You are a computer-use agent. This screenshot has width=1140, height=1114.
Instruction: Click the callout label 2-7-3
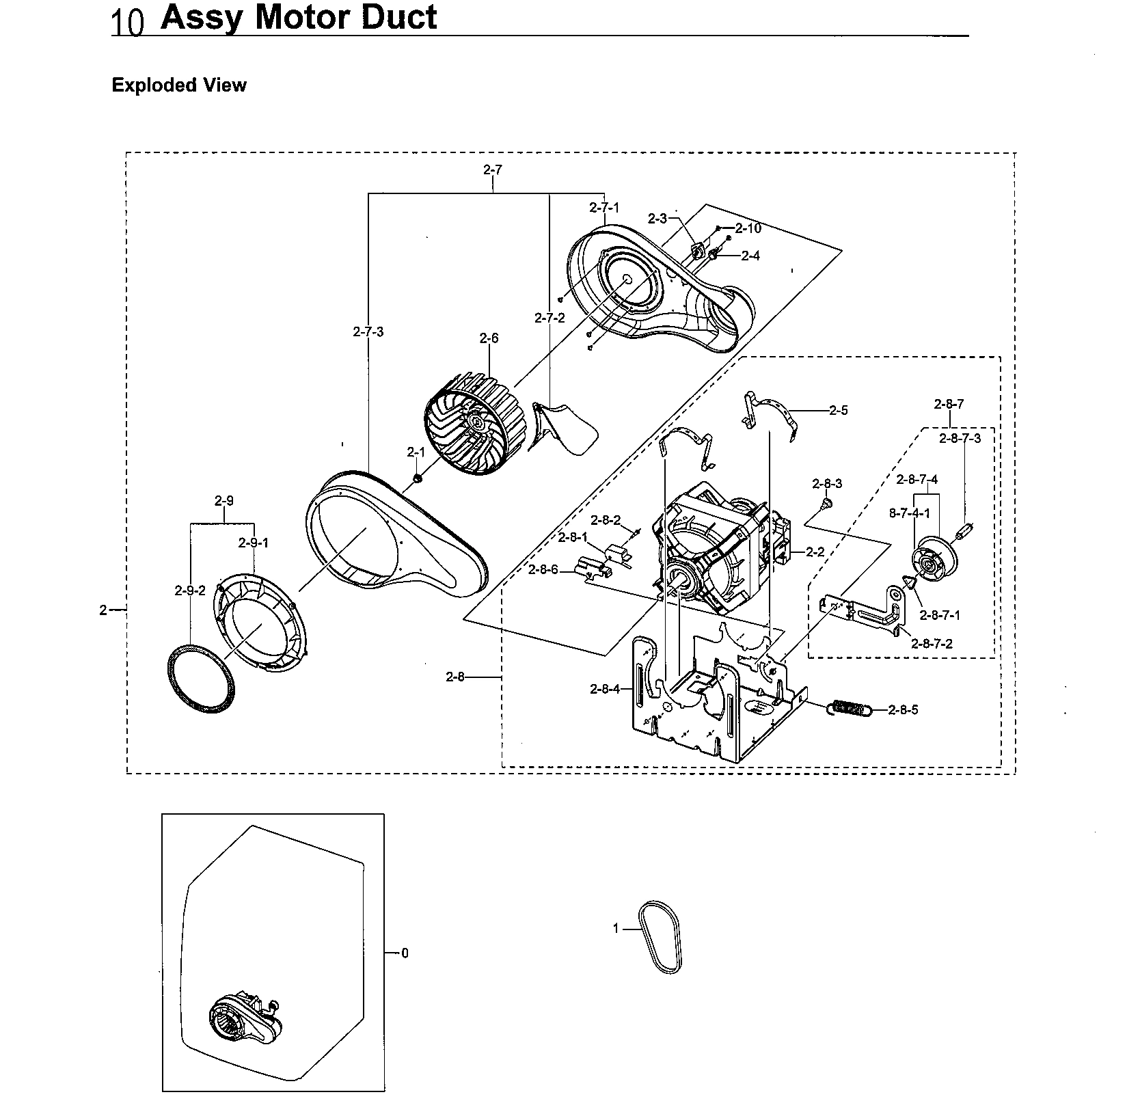pyautogui.click(x=368, y=332)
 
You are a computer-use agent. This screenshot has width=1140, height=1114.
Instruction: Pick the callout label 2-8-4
pyautogui.click(x=605, y=689)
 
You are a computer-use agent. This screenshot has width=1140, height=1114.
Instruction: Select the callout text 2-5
pyautogui.click(x=838, y=410)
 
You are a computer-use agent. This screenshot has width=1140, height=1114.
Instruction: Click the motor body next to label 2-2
pyautogui.click(x=711, y=547)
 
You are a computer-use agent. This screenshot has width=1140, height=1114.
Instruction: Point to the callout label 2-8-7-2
pyautogui.click(x=932, y=644)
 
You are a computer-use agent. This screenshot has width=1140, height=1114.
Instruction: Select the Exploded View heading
pyautogui.click(x=178, y=85)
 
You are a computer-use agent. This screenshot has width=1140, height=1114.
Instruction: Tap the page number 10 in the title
pyautogui.click(x=127, y=23)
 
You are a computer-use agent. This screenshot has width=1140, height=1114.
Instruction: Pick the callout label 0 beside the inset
pyautogui.click(x=405, y=953)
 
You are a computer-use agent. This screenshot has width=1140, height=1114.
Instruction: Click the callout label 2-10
pyautogui.click(x=748, y=228)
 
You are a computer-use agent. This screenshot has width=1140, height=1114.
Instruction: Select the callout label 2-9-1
pyautogui.click(x=253, y=543)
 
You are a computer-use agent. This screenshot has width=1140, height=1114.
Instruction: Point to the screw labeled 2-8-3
pyautogui.click(x=826, y=504)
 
